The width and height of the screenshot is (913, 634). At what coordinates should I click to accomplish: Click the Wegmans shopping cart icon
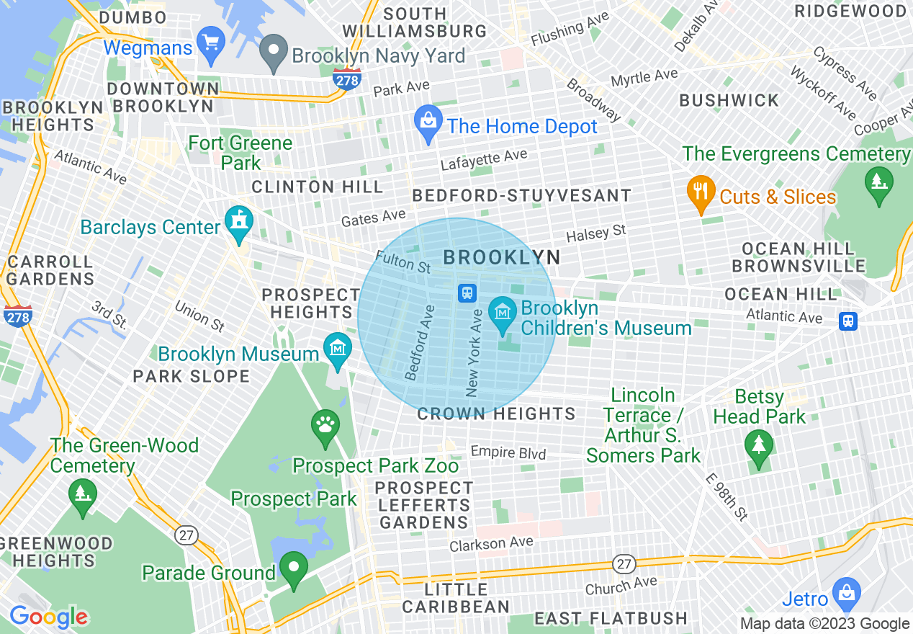click(212, 43)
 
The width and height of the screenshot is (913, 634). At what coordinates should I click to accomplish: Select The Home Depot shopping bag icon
click(428, 125)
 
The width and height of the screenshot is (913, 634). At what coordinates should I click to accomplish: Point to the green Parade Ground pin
click(294, 569)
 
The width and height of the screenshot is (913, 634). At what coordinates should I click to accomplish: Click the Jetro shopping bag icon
click(847, 594)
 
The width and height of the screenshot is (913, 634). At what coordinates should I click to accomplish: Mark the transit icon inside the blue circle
click(467, 293)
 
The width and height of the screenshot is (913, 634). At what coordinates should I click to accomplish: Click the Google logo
click(48, 617)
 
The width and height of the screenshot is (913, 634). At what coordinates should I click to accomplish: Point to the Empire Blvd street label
click(508, 452)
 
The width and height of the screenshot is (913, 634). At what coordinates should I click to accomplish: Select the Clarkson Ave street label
click(491, 544)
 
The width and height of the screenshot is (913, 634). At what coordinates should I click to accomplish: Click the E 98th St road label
click(728, 497)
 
